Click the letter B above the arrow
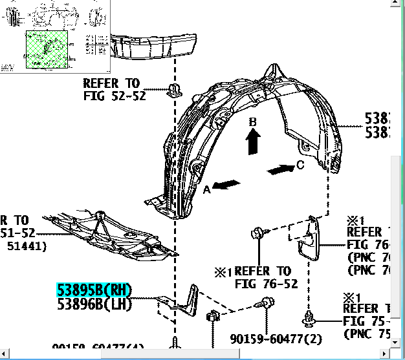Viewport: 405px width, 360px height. tap(254, 122)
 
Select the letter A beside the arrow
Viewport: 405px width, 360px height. tap(207, 189)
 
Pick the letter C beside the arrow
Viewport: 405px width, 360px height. tap(300, 165)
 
